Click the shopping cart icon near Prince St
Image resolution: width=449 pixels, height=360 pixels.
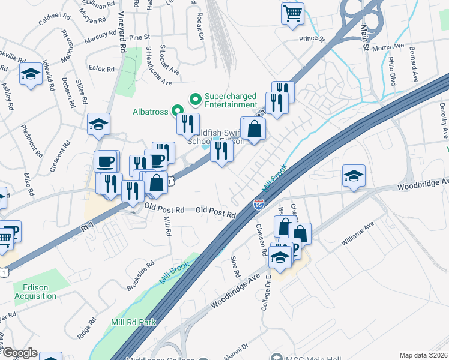click(x=292, y=13)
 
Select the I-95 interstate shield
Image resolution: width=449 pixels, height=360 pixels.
click(x=258, y=205)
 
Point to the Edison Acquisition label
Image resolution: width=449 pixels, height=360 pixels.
click(x=35, y=292)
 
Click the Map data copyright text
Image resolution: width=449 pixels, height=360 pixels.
click(x=424, y=355)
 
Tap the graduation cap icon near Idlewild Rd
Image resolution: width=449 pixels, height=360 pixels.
click(x=30, y=75)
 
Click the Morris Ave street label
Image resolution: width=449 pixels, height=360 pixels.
click(x=388, y=47)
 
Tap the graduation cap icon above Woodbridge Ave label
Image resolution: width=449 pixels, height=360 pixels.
click(x=354, y=176)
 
